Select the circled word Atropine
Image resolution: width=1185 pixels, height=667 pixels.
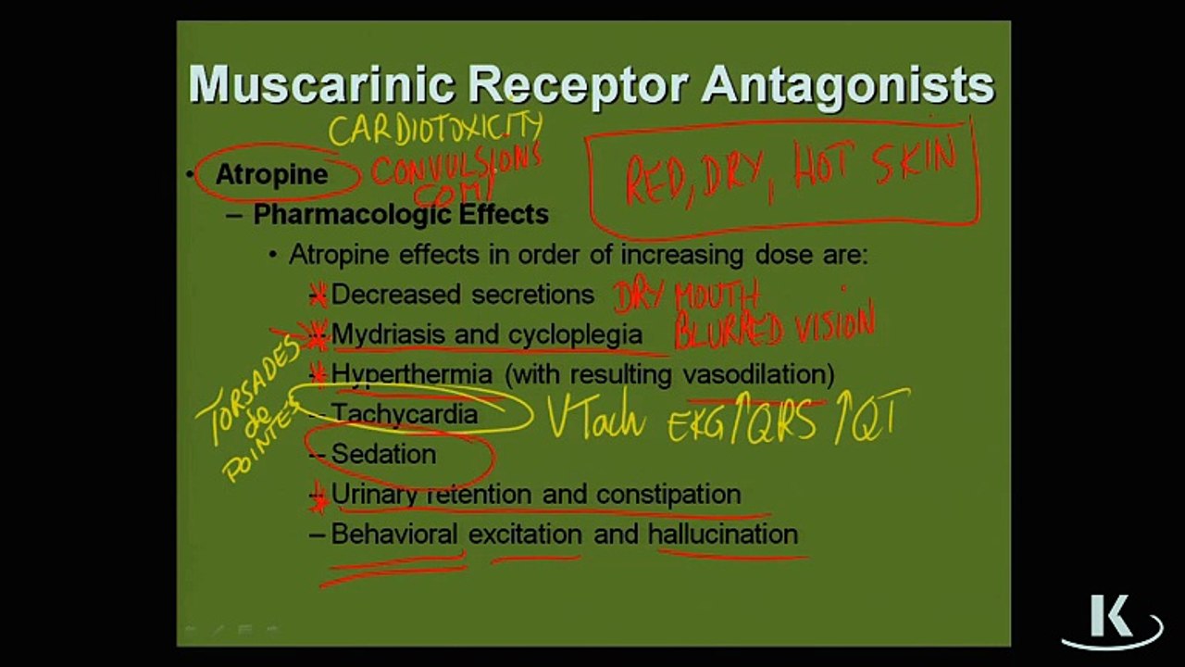[x=271, y=174]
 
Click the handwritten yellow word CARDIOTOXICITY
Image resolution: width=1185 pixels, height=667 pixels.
[x=435, y=128]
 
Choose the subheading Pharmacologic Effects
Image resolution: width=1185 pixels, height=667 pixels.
[x=400, y=215]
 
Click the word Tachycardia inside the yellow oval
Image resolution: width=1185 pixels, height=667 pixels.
[x=405, y=414]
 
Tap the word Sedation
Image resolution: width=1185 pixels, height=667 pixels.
[x=383, y=454]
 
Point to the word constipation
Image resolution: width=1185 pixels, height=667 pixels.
[x=668, y=494]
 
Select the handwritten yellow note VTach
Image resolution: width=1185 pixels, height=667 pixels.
[x=595, y=417]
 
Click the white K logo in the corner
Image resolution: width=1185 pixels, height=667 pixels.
[x=1109, y=619]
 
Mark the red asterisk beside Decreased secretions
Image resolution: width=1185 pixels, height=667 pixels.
[x=318, y=296]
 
